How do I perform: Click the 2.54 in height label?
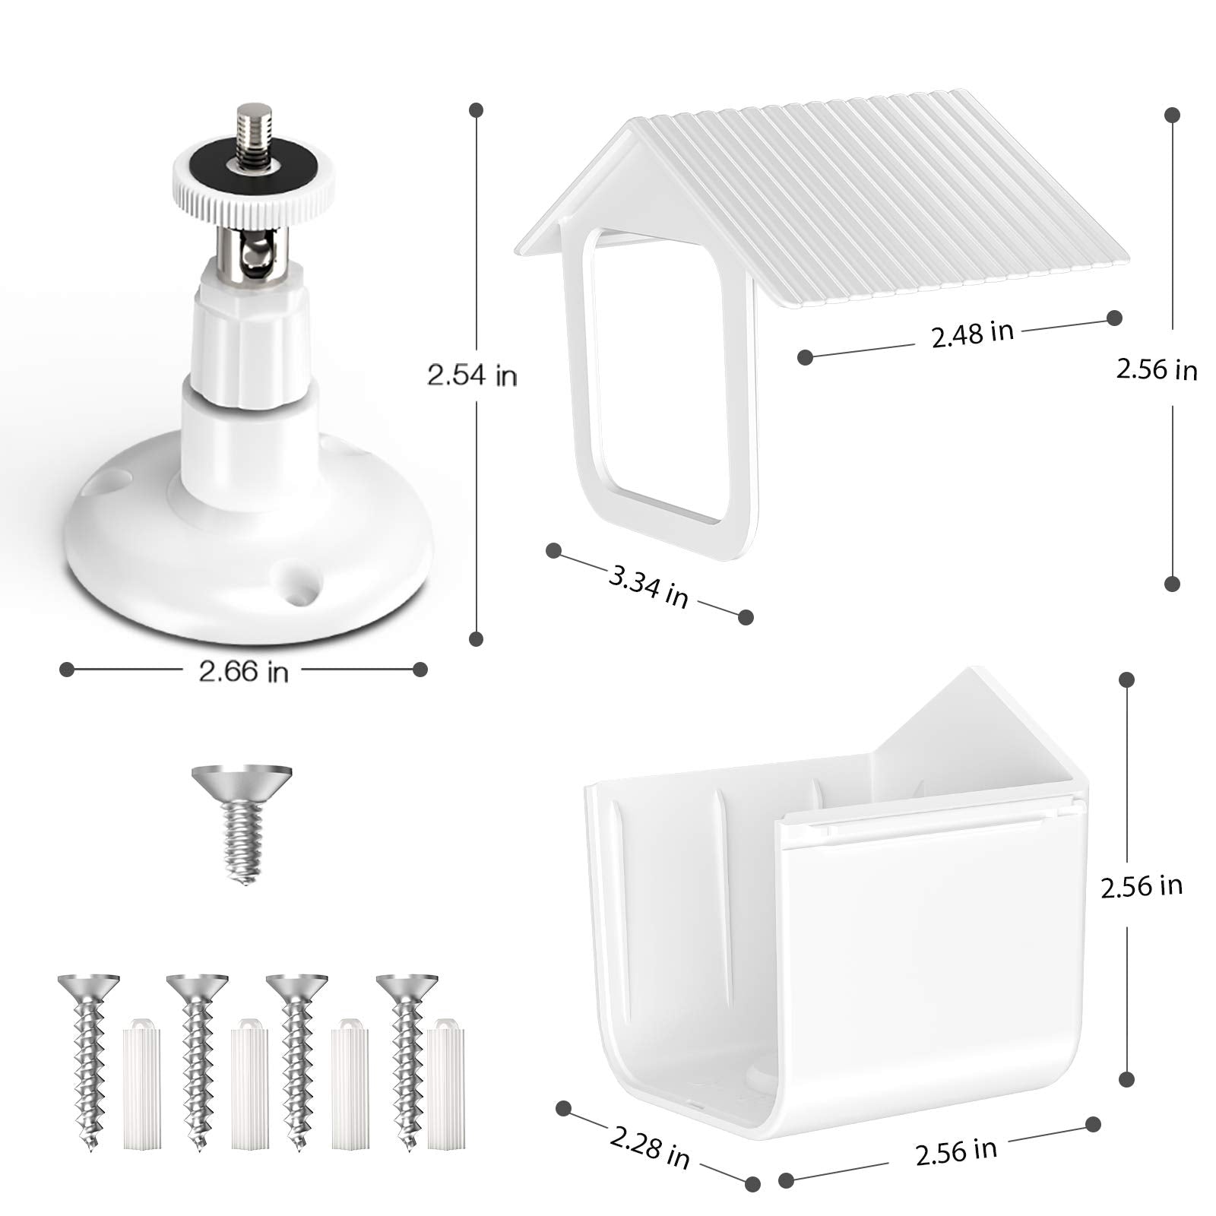tap(472, 375)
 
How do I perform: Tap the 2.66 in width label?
tap(243, 670)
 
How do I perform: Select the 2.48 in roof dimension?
tap(972, 333)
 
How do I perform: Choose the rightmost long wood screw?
tap(406, 1049)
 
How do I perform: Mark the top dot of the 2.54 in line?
tap(477, 110)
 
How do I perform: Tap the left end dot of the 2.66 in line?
tap(67, 670)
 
